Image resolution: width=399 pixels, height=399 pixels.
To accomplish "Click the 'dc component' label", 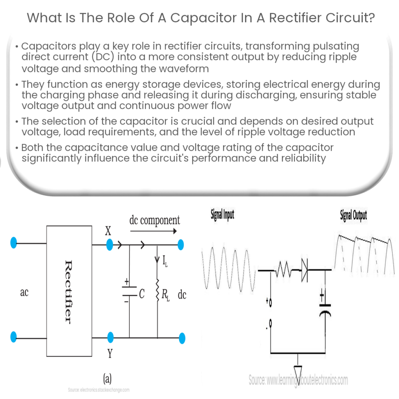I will click(x=155, y=220).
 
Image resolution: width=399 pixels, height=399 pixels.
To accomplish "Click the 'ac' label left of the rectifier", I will click(x=24, y=292).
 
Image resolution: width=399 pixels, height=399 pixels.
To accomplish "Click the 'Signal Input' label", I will click(x=222, y=215).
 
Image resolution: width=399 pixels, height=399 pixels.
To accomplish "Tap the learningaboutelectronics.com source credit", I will click(x=298, y=380).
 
